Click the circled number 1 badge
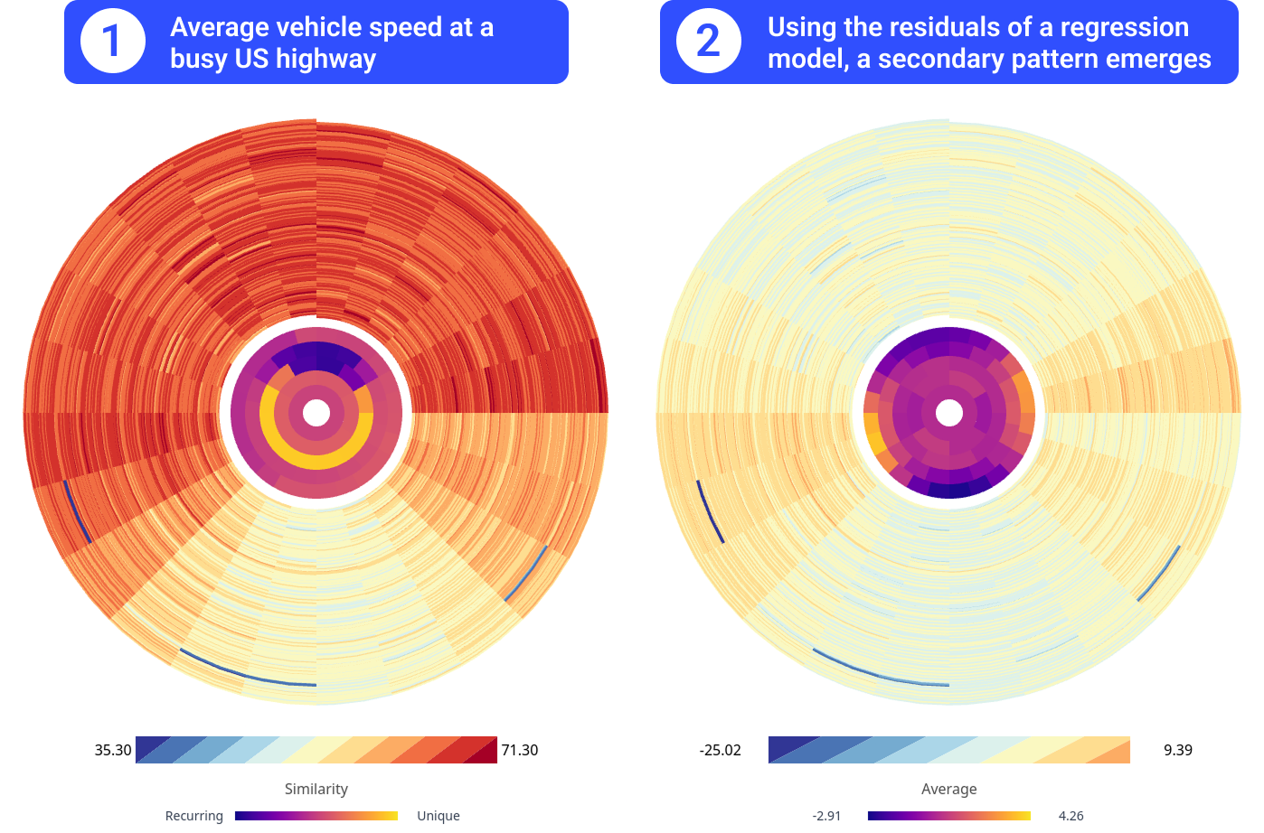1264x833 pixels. pyautogui.click(x=113, y=41)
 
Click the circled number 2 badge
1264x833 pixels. pyautogui.click(x=709, y=41)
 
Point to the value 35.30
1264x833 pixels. pyautogui.click(x=113, y=750)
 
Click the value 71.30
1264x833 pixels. pyautogui.click(x=520, y=750)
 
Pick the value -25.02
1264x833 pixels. pyautogui.click(x=720, y=750)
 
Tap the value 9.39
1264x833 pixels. pyautogui.click(x=1178, y=750)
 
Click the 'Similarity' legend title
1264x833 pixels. pyautogui.click(x=316, y=789)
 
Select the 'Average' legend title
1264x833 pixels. pyautogui.click(x=949, y=789)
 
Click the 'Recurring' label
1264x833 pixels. pyautogui.click(x=194, y=816)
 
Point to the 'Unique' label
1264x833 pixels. pyautogui.click(x=439, y=816)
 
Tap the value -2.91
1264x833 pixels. pyautogui.click(x=826, y=816)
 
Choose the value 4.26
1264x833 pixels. pyautogui.click(x=1071, y=816)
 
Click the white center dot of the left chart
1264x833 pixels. pyautogui.click(x=316, y=413)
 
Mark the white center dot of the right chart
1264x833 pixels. pyautogui.click(x=949, y=413)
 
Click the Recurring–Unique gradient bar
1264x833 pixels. pyautogui.click(x=316, y=816)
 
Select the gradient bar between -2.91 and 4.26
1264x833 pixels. pyautogui.click(x=949, y=816)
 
